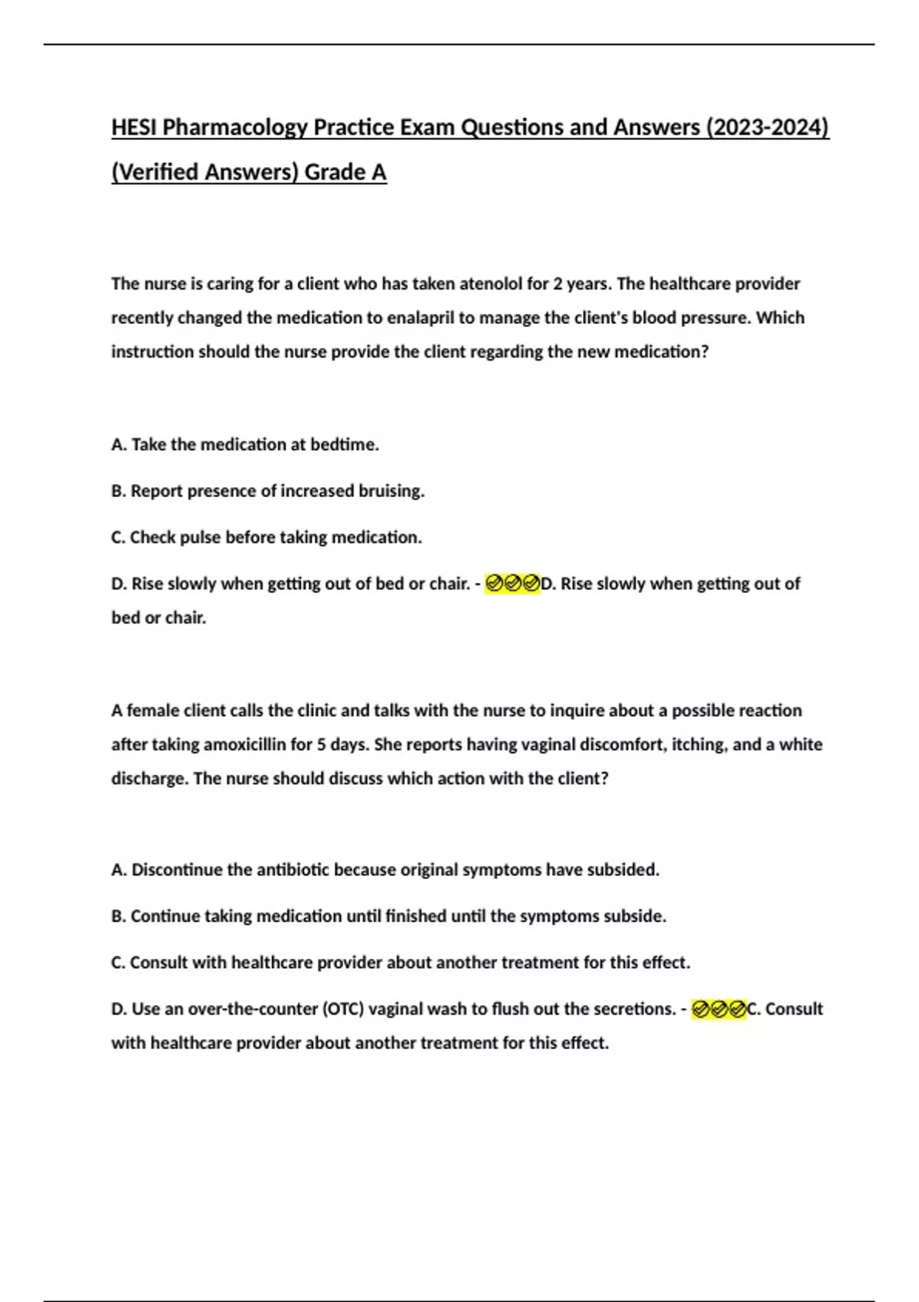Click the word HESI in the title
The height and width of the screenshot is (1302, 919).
pos(134,127)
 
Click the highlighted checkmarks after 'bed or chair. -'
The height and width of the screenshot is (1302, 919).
pos(512,584)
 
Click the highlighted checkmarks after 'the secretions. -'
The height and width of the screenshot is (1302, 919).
pos(718,1009)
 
